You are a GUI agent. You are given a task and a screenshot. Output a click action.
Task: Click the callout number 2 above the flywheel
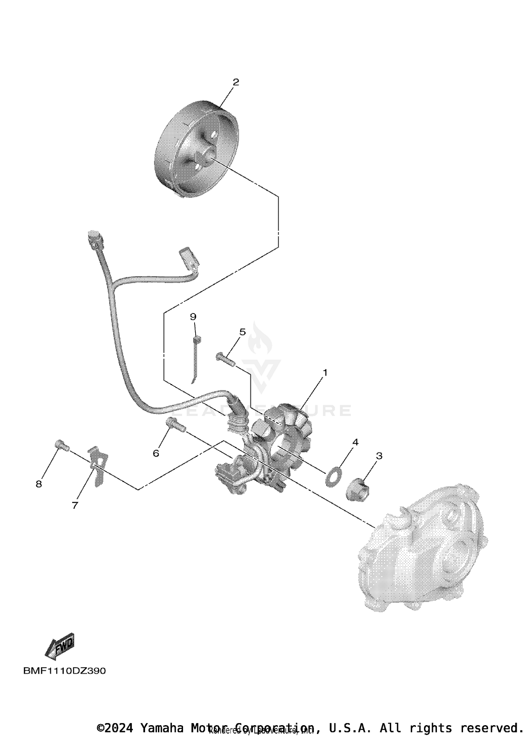[236, 82]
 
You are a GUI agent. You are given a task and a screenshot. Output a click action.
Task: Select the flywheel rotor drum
[196, 148]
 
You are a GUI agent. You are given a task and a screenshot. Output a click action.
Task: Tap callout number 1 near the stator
[325, 373]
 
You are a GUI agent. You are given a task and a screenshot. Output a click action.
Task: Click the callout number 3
[379, 456]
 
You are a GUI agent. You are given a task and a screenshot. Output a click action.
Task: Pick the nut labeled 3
[355, 490]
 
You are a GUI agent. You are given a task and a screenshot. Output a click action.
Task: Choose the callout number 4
[355, 442]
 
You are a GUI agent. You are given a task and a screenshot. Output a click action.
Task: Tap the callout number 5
[242, 332]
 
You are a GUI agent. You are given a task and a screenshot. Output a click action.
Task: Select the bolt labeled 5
[225, 359]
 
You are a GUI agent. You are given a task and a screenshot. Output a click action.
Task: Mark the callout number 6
[156, 453]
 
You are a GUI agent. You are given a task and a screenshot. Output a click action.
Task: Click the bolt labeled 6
[176, 425]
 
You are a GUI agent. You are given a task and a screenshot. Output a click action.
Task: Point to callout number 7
[75, 505]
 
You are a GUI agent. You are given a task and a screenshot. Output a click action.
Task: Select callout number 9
[193, 317]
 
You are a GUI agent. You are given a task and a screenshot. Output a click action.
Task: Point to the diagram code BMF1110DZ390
[64, 671]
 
